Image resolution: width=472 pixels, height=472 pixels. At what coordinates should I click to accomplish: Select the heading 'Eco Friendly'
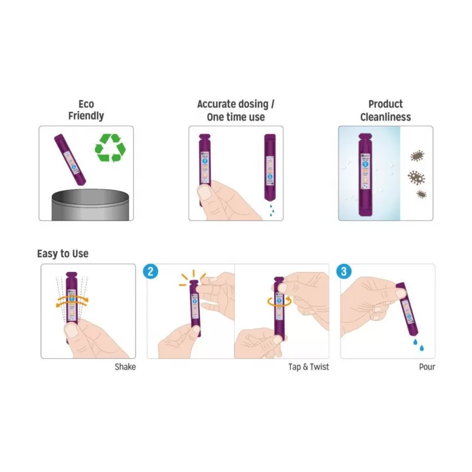(x=86, y=110)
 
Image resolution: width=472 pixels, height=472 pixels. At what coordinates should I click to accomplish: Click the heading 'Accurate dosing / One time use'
(x=235, y=110)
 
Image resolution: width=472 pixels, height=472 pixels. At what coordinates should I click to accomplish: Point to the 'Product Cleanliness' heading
(x=385, y=110)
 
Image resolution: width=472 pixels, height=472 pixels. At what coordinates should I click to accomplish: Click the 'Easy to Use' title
(x=63, y=254)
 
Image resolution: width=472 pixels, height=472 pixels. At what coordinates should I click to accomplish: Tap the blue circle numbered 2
(x=151, y=271)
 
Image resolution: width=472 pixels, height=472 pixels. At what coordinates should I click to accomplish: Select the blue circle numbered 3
(x=345, y=271)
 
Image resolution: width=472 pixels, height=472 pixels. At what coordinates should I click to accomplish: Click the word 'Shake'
(x=125, y=367)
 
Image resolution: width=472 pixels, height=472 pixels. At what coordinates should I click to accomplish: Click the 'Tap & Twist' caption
(x=309, y=367)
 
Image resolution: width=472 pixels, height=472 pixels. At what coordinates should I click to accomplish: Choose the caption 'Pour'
(x=427, y=367)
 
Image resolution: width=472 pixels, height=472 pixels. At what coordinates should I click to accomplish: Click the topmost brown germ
(x=417, y=156)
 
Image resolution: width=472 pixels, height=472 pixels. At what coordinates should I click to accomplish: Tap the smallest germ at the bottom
(x=421, y=194)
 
